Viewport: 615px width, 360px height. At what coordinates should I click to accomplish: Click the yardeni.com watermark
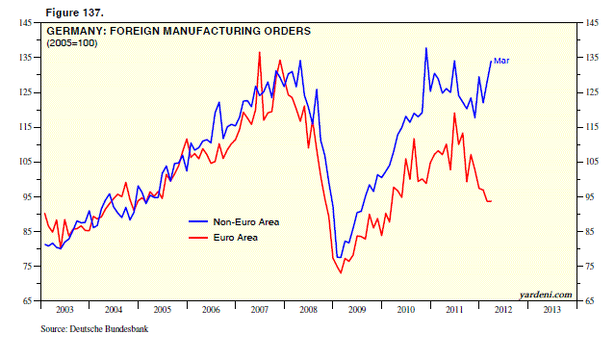tap(544, 294)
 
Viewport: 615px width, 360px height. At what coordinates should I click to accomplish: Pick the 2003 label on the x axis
tap(64, 310)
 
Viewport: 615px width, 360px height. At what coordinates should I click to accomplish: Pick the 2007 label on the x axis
tap(259, 310)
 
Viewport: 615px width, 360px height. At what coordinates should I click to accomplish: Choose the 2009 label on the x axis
tap(356, 310)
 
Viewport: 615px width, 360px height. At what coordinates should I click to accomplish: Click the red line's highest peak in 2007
tap(259, 52)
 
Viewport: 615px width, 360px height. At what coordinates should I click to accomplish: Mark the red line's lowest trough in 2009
tap(341, 273)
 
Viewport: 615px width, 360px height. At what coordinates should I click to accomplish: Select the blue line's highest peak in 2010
tap(425, 48)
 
